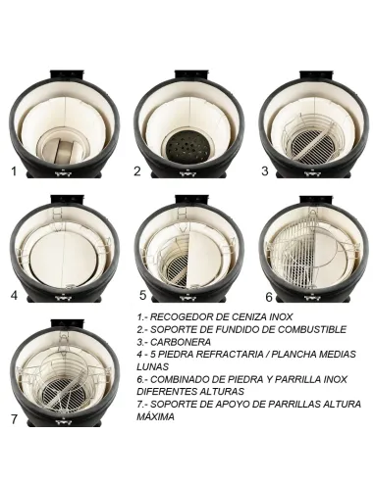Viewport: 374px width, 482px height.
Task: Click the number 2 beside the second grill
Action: click(x=137, y=170)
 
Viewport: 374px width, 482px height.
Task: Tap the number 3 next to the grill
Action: click(x=264, y=170)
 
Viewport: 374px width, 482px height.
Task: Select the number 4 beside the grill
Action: click(x=14, y=294)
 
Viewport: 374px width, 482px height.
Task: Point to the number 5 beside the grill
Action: click(x=142, y=294)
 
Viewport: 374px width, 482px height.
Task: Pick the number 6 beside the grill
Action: click(x=269, y=294)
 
